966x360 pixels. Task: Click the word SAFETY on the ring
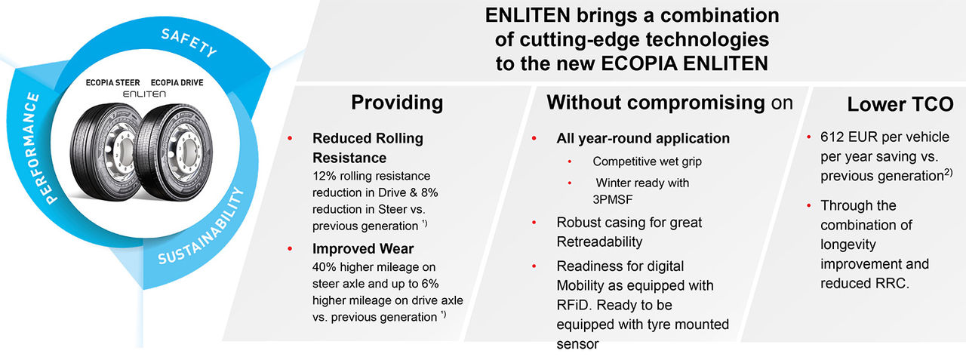pos(189,43)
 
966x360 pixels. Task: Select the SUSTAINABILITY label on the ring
pos(204,227)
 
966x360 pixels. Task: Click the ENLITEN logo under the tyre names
pos(143,96)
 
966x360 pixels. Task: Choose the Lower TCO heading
pos(890,105)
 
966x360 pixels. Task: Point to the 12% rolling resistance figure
pos(323,176)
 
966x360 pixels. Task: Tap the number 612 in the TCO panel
pos(832,138)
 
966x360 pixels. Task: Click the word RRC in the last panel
pos(894,283)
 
